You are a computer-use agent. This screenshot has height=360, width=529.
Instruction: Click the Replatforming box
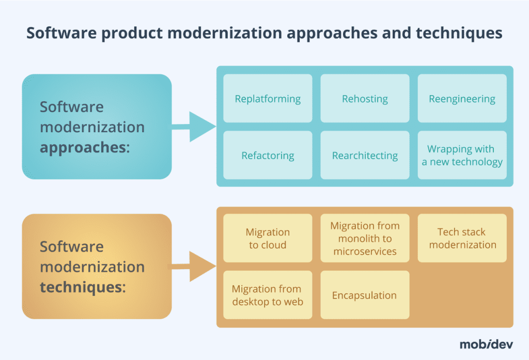point(268,99)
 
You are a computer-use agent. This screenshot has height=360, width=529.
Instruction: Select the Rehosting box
point(365,99)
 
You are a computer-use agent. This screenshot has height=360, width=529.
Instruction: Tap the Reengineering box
point(462,99)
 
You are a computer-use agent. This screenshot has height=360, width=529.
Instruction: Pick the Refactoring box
point(268,155)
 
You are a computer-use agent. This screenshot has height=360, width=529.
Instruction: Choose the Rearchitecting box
point(365,155)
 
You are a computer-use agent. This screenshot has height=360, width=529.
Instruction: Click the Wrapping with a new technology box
point(462,155)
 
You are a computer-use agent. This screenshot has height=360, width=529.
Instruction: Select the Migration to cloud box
point(268,239)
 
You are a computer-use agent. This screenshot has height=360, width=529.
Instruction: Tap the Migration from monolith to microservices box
point(365,239)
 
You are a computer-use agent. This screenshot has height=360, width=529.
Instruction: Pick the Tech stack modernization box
point(462,239)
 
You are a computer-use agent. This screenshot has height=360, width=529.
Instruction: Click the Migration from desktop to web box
point(268,295)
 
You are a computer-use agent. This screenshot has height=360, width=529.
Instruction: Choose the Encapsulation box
point(365,295)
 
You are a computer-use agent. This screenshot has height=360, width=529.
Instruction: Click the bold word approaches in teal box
point(83,148)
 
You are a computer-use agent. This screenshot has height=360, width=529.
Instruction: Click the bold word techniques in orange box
point(82,287)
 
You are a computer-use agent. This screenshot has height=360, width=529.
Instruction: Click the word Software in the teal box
point(72,107)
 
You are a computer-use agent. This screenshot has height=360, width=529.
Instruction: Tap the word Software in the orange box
point(72,247)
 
